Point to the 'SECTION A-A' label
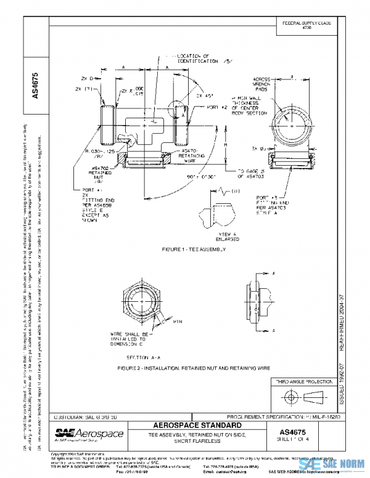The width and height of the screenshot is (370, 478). [x=143, y=357]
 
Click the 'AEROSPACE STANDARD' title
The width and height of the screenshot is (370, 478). [x=195, y=426]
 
